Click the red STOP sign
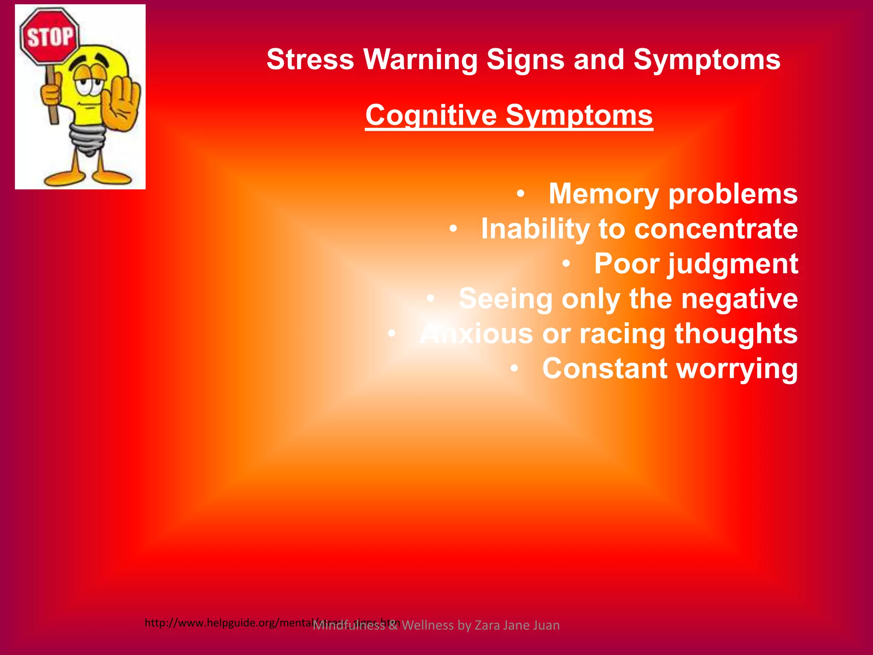pyautogui.click(x=49, y=37)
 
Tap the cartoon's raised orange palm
pyautogui.click(x=122, y=107)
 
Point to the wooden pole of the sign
pyautogui.click(x=52, y=102)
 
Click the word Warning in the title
pyautogui.click(x=420, y=59)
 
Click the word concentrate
pyautogui.click(x=716, y=229)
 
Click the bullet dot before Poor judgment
pyautogui.click(x=566, y=264)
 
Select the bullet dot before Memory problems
pyautogui.click(x=520, y=194)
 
